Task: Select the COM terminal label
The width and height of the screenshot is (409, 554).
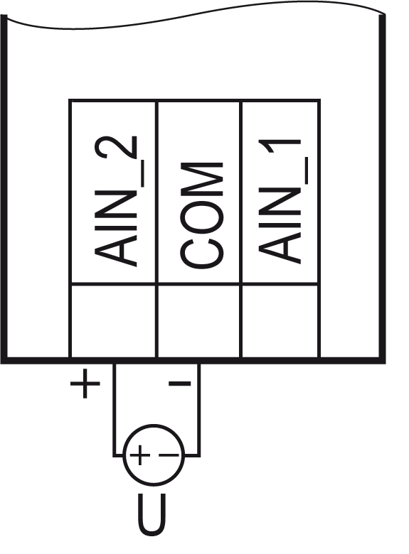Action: [202, 214]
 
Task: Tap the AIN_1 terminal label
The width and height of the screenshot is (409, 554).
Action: [283, 201]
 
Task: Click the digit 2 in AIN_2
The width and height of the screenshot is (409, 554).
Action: [116, 147]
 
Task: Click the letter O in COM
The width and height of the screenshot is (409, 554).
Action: [202, 217]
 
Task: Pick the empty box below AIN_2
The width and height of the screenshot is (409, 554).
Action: [114, 321]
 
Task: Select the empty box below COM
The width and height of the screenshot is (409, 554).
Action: [199, 321]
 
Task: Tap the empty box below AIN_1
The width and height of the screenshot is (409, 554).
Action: [280, 321]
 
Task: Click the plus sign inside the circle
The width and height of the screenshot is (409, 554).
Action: [140, 455]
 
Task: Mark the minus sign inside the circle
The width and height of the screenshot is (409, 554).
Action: [169, 455]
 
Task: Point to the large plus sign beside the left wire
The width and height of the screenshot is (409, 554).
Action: [85, 384]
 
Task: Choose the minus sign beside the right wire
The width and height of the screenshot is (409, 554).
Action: [180, 383]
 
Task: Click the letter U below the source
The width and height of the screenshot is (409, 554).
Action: [152, 514]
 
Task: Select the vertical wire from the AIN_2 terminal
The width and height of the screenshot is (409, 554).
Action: [114, 410]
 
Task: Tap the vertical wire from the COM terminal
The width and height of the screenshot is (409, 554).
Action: [199, 410]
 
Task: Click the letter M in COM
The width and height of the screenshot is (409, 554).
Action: [202, 180]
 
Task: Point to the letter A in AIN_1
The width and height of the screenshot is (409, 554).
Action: [280, 247]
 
